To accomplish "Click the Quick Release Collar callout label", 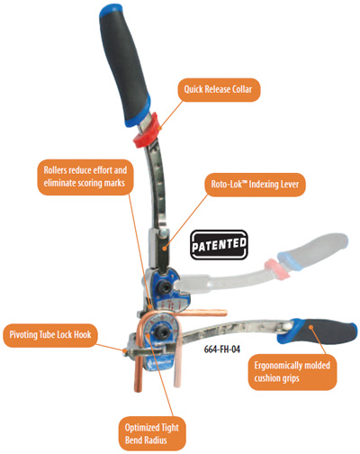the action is coord(219,89).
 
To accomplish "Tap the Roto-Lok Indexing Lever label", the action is coord(255,185).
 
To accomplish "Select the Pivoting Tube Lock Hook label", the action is coord(50,335).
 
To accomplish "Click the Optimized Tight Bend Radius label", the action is coord(152,433).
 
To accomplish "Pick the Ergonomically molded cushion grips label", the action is coord(292,372).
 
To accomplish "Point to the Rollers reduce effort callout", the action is coord(85,177).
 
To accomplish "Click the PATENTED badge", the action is coord(219,245).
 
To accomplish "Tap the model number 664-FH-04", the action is coord(222,350).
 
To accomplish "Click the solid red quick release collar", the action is coord(147,131).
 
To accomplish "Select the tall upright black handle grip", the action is coord(125,65).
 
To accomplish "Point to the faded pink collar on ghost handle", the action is coord(276,268).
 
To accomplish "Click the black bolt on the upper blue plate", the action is coord(165,287).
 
